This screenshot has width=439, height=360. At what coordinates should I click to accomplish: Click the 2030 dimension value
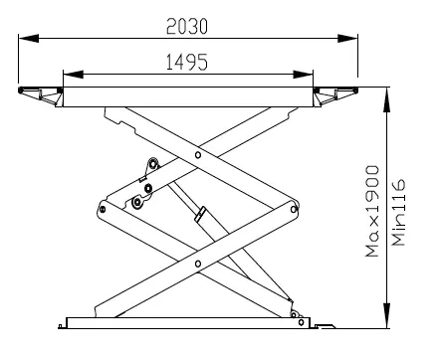coord(187,27)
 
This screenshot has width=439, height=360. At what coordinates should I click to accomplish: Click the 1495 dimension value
coord(187,62)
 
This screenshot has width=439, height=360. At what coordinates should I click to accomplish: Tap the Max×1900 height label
coord(372,211)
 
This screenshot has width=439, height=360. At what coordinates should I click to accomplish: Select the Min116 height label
coord(398,213)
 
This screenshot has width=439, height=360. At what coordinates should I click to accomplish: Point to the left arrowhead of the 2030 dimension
coord(29,38)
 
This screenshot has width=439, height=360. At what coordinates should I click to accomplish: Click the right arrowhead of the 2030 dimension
coord(347,38)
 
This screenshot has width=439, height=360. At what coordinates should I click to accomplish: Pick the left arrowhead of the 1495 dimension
coord(73,75)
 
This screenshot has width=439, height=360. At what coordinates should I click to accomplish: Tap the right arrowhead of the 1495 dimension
coord(303,75)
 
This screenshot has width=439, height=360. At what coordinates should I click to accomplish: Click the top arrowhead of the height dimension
coord(387,98)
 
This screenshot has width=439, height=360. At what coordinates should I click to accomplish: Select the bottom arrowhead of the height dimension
coord(387,315)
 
